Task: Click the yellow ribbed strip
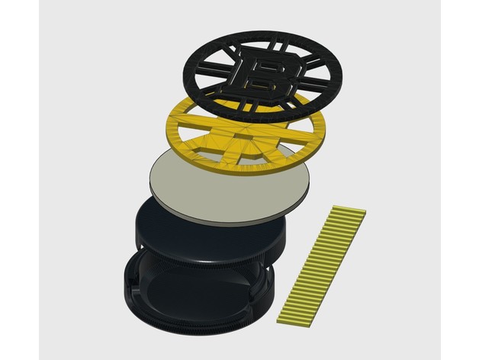click(x=321, y=264)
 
